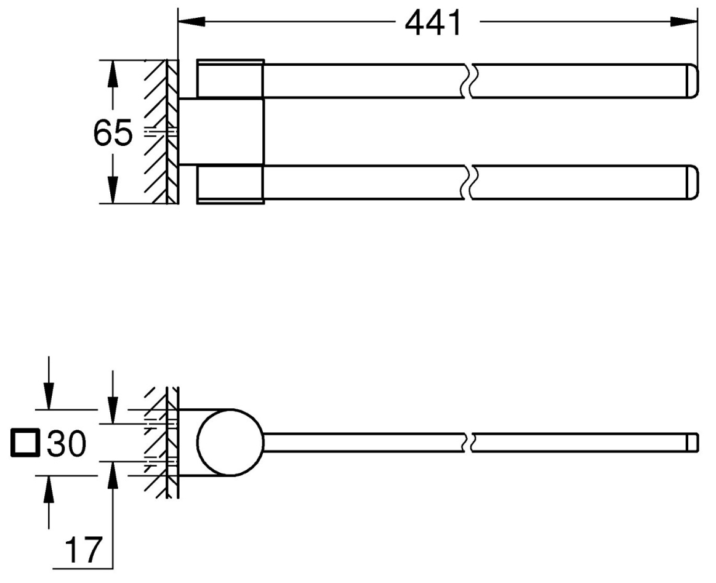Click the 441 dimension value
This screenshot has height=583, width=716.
433,24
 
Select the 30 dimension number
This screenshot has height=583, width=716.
65,444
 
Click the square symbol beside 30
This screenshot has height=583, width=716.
25,445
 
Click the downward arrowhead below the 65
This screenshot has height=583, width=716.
113,190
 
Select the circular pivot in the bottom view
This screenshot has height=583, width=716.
231,443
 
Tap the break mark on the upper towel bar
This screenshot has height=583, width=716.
468,80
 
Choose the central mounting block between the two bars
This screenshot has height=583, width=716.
222,131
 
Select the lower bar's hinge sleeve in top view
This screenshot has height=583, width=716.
230,184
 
